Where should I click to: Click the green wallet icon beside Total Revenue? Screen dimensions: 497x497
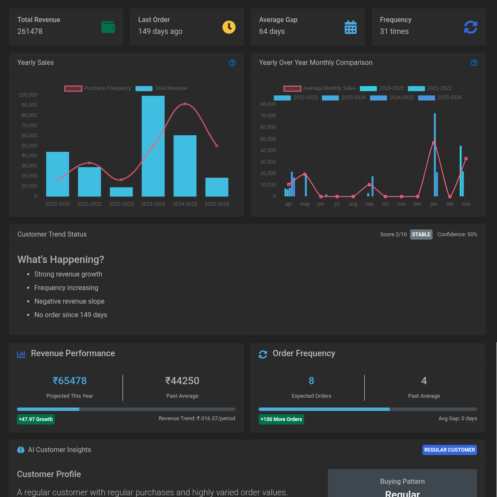[108, 27]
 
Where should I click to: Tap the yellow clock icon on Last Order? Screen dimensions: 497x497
[229, 27]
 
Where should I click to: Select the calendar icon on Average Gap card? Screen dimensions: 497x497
[351, 27]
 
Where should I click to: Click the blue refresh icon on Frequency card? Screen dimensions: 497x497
[471, 27]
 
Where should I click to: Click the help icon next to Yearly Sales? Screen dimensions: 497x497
[232, 63]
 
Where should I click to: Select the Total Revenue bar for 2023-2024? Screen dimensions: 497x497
[153, 146]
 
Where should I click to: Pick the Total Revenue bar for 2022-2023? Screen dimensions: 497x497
[121, 192]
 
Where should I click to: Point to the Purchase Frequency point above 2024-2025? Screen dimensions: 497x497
[185, 104]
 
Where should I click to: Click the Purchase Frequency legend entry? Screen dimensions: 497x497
[98, 88]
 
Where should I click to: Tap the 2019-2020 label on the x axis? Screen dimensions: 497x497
[58, 204]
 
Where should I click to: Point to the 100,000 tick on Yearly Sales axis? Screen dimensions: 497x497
[28, 95]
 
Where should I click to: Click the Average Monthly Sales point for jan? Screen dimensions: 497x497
[434, 143]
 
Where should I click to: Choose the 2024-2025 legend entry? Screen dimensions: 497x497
[392, 97]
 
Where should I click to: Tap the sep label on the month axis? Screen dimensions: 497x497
[369, 204]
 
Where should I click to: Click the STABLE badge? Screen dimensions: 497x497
[421, 235]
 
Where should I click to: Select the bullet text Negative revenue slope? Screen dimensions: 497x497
[70, 301]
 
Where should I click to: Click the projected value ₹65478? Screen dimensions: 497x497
[70, 381]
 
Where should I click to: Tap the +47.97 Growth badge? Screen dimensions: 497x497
[36, 419]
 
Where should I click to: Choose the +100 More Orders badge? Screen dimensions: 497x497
[282, 419]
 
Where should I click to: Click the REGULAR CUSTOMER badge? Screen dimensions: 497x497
[450, 450]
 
